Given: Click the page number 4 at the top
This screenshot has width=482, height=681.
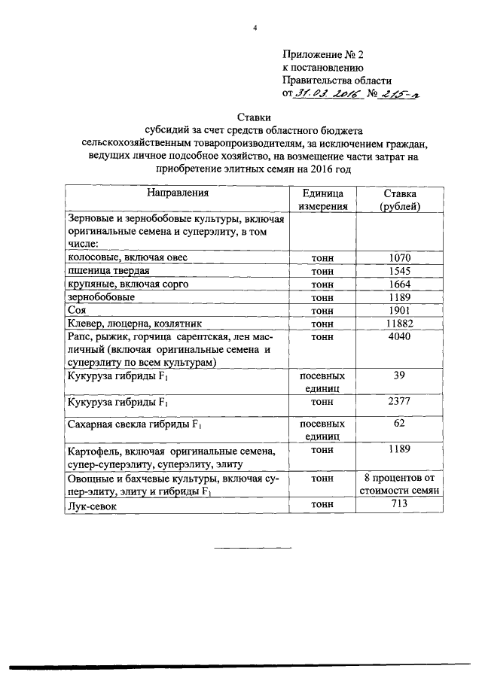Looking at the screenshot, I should [255, 28].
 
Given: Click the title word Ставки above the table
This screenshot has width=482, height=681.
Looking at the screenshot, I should [255, 117].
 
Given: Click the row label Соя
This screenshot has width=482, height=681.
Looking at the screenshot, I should [77, 310].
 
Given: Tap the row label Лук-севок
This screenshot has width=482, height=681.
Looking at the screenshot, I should [94, 507].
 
